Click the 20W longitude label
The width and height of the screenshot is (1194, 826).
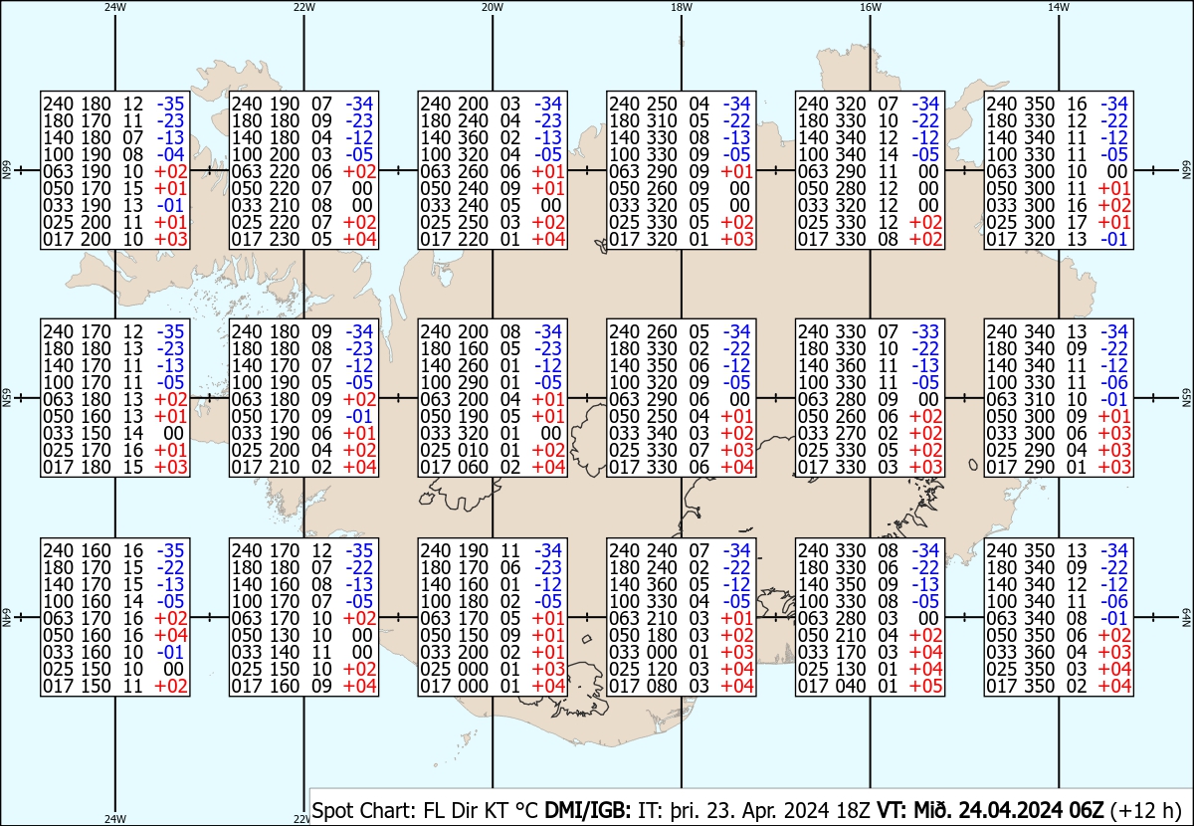(x=493, y=7)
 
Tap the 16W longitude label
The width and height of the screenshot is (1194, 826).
(x=871, y=7)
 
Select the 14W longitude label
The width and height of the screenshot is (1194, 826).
(x=1059, y=7)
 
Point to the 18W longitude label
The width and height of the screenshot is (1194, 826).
(x=682, y=7)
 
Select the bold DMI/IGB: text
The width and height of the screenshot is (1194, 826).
(x=587, y=810)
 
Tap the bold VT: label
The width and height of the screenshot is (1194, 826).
(x=893, y=810)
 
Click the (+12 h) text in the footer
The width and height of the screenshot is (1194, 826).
(x=1145, y=810)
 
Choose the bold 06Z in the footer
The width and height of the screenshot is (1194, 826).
(x=1086, y=810)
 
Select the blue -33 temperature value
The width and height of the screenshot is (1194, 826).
(x=925, y=331)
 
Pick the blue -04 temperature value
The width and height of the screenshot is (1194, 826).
(x=170, y=154)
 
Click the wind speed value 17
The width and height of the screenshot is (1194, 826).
(x=1078, y=222)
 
